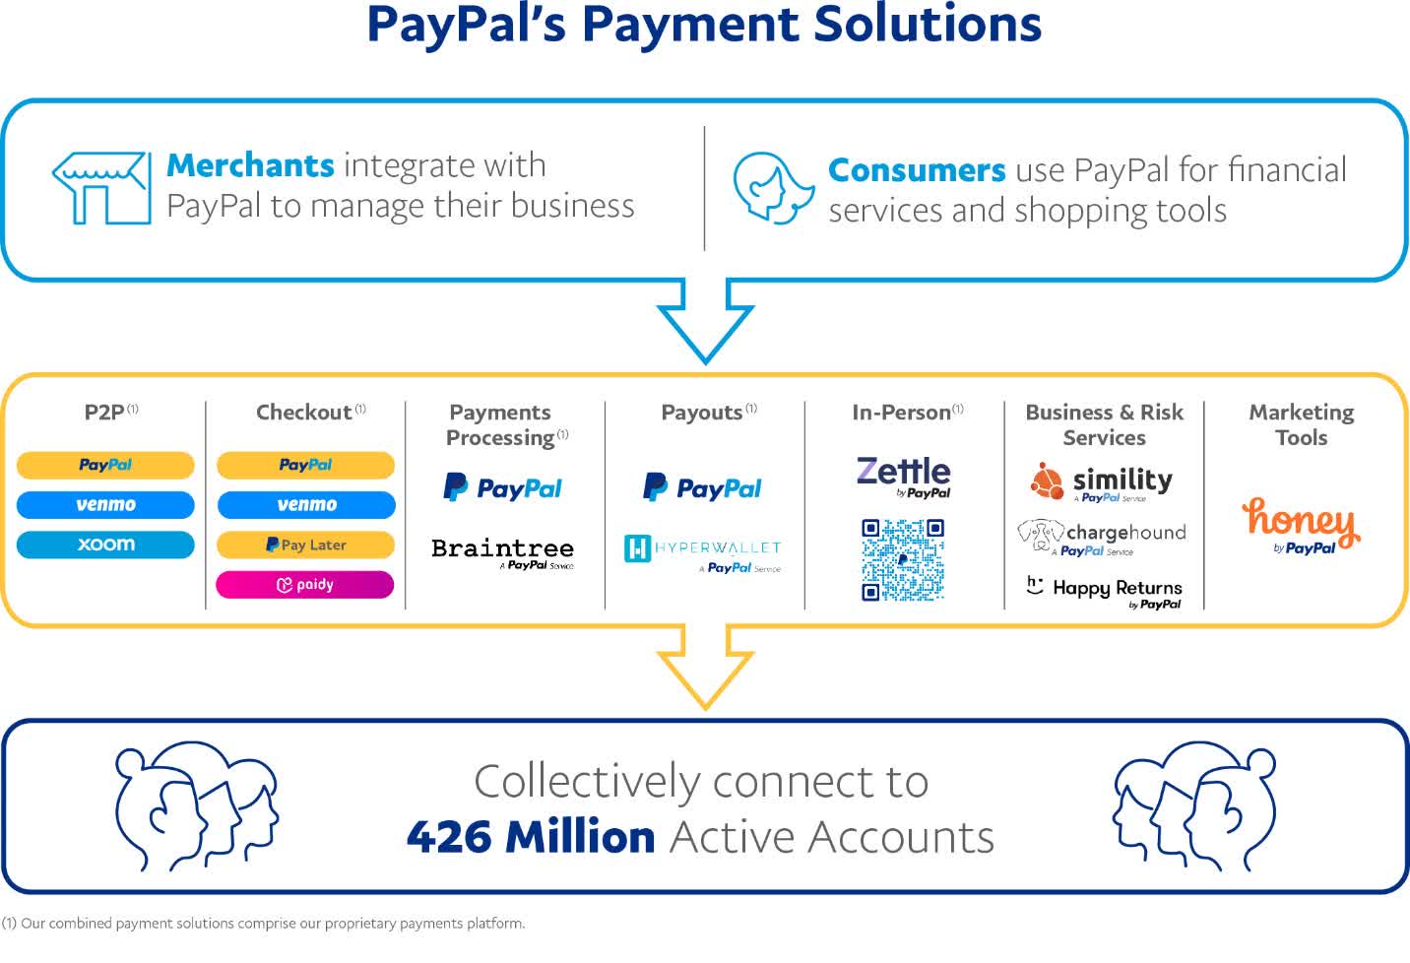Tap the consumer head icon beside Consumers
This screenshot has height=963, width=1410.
click(773, 187)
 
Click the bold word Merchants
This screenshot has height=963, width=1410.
click(250, 165)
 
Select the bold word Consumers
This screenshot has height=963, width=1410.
click(917, 170)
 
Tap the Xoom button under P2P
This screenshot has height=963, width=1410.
click(105, 545)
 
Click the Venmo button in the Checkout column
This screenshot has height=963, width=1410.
click(306, 505)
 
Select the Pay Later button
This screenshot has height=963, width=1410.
click(306, 545)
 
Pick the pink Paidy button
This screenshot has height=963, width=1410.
click(305, 585)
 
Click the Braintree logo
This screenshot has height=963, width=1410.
click(503, 553)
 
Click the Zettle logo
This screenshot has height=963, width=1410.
click(903, 478)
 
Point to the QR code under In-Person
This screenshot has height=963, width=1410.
click(903, 559)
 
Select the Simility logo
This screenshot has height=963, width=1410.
click(1102, 482)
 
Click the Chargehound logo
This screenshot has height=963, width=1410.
click(1102, 538)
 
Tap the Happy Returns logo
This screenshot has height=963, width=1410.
click(1104, 593)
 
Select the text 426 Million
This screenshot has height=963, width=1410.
click(531, 837)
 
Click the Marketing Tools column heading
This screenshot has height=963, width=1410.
click(1302, 424)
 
